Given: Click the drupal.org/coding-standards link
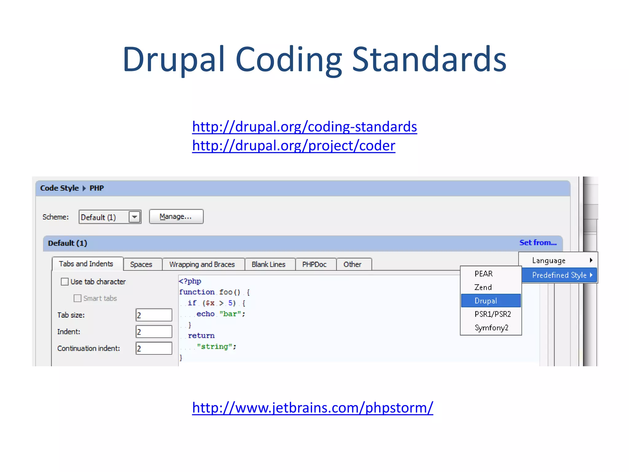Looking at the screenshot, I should click(x=304, y=127).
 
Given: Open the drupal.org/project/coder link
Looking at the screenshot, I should click(x=294, y=146).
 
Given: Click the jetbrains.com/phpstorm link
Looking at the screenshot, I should click(x=312, y=408).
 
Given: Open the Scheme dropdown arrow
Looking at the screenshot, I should click(x=135, y=217).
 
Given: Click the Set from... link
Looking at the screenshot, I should click(x=538, y=243).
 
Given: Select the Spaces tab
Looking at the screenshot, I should click(x=141, y=264).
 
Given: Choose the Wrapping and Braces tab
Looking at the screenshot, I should click(x=202, y=264).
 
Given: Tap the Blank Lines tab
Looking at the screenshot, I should click(x=268, y=264).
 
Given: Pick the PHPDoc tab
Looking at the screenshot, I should click(x=314, y=264).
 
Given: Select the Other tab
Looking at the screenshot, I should click(x=352, y=264).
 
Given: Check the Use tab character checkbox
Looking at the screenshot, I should click(x=65, y=281).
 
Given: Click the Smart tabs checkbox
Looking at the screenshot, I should click(x=78, y=298).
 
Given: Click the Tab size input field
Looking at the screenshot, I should click(x=154, y=315).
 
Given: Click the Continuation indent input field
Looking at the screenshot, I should click(x=154, y=348).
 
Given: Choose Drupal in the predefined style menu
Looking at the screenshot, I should click(x=490, y=301).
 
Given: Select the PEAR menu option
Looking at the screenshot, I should click(x=490, y=274).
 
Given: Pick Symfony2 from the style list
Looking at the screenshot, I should click(x=491, y=328).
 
